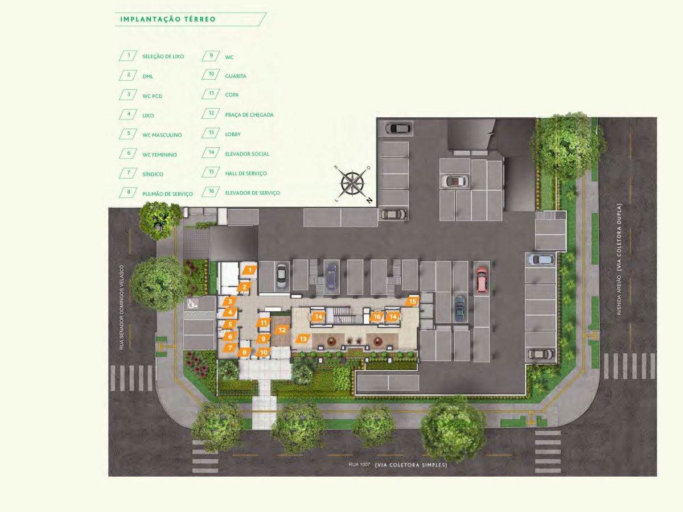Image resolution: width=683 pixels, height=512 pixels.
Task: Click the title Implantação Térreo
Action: [168, 19]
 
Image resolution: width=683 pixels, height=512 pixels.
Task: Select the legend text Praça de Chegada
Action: [249, 115]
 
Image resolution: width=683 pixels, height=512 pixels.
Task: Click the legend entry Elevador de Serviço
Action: [252, 193]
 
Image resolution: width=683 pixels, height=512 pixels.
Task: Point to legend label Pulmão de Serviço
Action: [167, 193]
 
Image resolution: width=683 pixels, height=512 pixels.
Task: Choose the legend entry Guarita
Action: [236, 76]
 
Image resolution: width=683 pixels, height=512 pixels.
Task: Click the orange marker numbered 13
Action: [303, 338]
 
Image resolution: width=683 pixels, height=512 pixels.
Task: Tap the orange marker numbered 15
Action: [412, 302]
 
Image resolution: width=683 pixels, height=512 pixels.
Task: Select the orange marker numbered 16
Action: [377, 316]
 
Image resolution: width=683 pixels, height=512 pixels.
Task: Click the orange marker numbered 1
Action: [250, 270]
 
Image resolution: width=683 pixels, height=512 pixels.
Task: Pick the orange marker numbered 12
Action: [282, 330]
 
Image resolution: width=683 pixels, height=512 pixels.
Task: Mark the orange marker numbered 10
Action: [264, 352]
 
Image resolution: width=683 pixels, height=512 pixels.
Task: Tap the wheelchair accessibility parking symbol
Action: [192, 304]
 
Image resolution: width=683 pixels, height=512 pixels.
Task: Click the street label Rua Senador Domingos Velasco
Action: [122, 307]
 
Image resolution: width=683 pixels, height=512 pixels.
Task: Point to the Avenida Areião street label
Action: [619, 295]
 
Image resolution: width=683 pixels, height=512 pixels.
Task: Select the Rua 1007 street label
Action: [359, 464]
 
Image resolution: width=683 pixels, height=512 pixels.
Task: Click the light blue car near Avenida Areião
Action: [541, 259]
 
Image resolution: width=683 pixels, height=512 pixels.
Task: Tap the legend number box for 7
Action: [128, 173]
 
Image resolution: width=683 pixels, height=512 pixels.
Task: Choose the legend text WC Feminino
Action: [159, 155]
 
